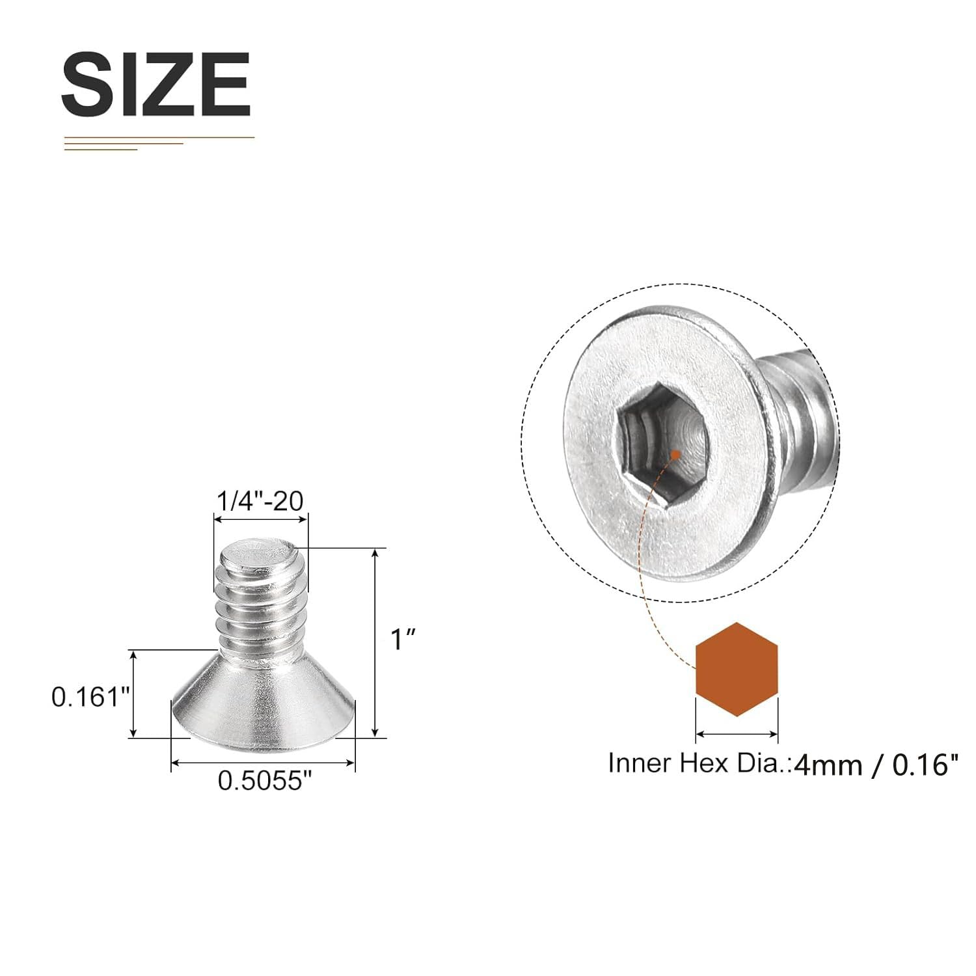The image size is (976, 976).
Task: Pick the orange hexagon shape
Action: tap(737, 669)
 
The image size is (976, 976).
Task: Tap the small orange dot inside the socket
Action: tap(677, 454)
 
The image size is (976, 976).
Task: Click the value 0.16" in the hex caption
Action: tap(925, 765)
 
